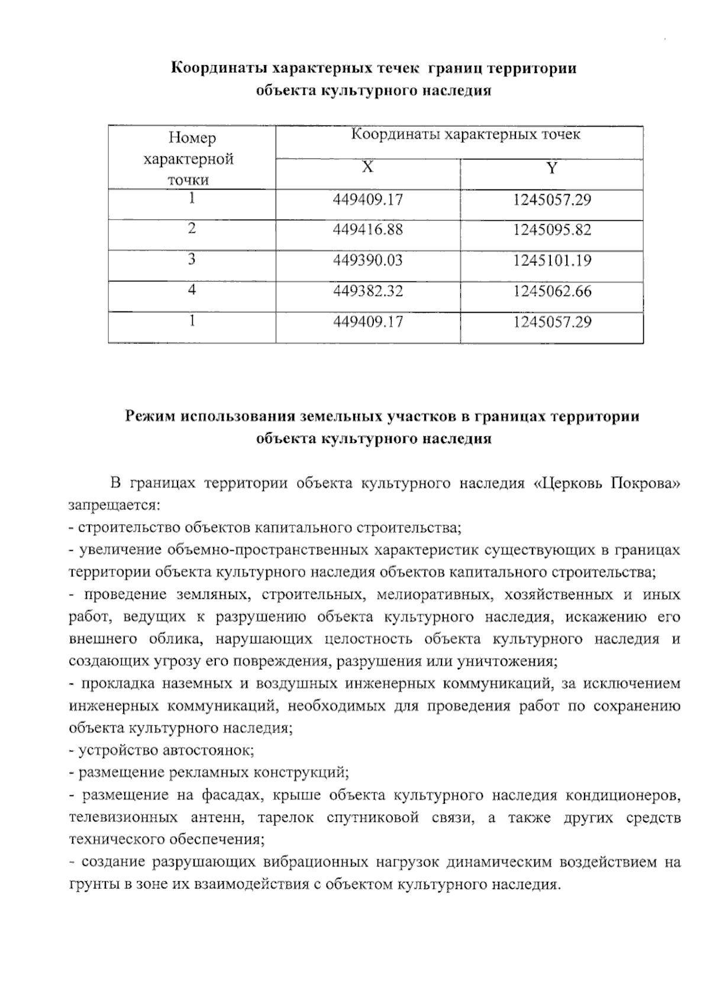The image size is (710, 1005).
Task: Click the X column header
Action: pyautogui.click(x=367, y=168)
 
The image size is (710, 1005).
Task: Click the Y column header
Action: pyautogui.click(x=551, y=168)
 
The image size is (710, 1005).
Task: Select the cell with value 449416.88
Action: pyautogui.click(x=367, y=230)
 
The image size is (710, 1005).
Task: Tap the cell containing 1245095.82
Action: pyautogui.click(x=551, y=230)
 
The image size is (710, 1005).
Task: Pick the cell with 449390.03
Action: pyautogui.click(x=367, y=261)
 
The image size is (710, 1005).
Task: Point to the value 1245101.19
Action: pyautogui.click(x=551, y=261)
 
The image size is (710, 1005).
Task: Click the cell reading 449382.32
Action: pyautogui.click(x=367, y=291)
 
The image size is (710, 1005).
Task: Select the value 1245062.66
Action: pyautogui.click(x=551, y=291)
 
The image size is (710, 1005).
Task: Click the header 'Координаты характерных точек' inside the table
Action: pyautogui.click(x=466, y=135)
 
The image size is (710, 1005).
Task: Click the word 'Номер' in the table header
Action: pyautogui.click(x=192, y=138)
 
